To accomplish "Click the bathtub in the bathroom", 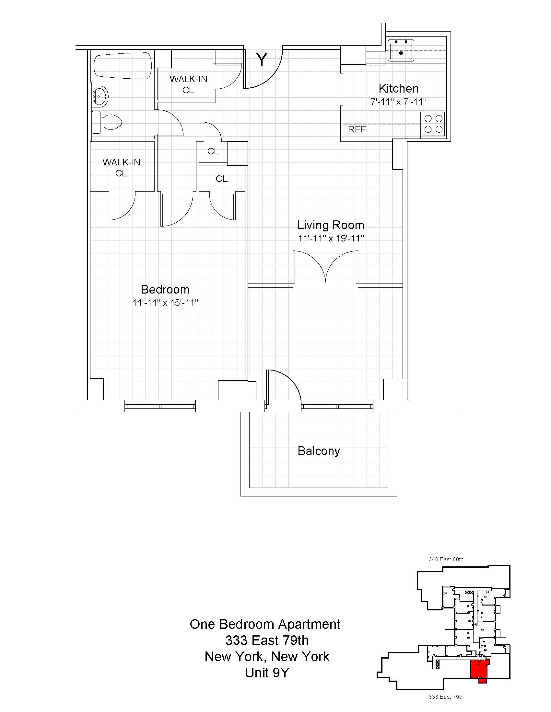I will (x=123, y=66).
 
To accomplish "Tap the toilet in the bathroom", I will (x=108, y=123).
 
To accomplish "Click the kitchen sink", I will (x=401, y=50).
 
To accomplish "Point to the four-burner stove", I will (x=433, y=124).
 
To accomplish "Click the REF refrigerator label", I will (x=357, y=129).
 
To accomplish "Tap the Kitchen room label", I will (x=399, y=88).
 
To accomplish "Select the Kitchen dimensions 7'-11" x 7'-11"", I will (x=399, y=102).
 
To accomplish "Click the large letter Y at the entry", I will (x=262, y=60).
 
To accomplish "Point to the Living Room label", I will (x=331, y=225).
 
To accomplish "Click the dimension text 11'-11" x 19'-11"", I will (x=331, y=238).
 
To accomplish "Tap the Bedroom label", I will (x=165, y=289).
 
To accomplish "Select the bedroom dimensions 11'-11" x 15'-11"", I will (x=165, y=303).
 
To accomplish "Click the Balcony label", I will (x=319, y=451).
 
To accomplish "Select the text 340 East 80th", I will (x=446, y=559).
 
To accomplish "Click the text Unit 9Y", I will (x=267, y=673).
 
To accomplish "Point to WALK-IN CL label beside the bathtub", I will (x=188, y=84).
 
